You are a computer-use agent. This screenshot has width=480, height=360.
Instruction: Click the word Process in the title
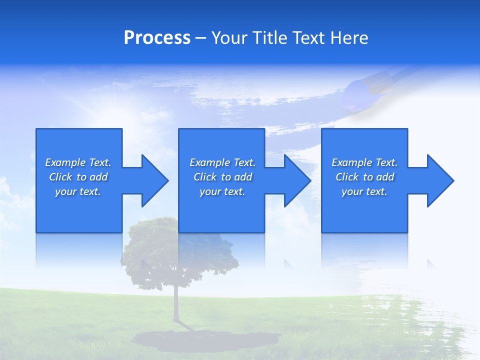pyautogui.click(x=157, y=38)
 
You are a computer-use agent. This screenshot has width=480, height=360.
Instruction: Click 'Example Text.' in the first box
pyautogui.click(x=78, y=162)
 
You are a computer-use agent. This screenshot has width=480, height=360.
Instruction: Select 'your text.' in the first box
pyautogui.click(x=78, y=191)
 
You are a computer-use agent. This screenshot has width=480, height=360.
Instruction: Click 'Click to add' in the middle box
pyautogui.click(x=222, y=177)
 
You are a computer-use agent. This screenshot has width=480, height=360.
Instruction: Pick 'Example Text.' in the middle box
pyautogui.click(x=222, y=162)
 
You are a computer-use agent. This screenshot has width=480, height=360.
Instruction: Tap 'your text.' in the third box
pyautogui.click(x=364, y=191)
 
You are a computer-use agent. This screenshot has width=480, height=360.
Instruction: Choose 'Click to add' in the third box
pyautogui.click(x=364, y=177)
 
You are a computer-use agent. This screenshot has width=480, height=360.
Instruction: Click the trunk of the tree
pyautogui.click(x=176, y=305)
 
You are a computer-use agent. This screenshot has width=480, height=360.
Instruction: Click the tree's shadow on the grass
pyautogui.click(x=205, y=340)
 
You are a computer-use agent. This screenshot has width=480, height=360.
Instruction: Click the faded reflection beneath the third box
pyautogui.click(x=364, y=250)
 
